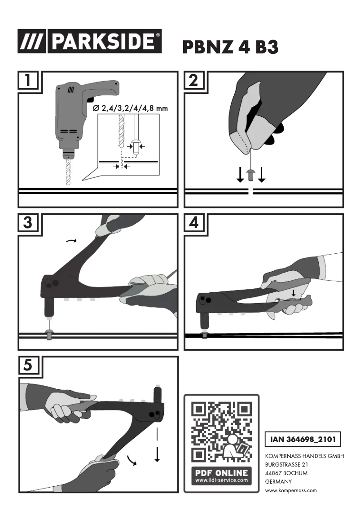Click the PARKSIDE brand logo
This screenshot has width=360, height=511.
pyautogui.click(x=90, y=41)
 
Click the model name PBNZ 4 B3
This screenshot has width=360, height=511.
pyautogui.click(x=230, y=47)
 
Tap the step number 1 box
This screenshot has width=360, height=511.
pyautogui.click(x=28, y=80)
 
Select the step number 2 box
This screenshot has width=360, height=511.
pyautogui.click(x=194, y=80)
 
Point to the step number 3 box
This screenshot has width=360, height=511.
pyautogui.click(x=28, y=223)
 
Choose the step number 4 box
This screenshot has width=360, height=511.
pyautogui.click(x=194, y=223)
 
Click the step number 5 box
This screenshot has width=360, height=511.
pyautogui.click(x=28, y=366)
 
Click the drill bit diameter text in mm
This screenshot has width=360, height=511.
pyautogui.click(x=130, y=108)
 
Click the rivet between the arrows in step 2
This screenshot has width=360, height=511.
pyautogui.click(x=251, y=175)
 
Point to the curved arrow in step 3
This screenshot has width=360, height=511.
pyautogui.click(x=71, y=241)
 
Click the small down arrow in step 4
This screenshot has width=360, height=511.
pyautogui.click(x=293, y=292)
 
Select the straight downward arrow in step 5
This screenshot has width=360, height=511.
pyautogui.click(x=157, y=454)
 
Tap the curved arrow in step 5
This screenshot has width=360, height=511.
pyautogui.click(x=132, y=460)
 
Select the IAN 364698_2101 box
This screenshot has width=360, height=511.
pyautogui.click(x=303, y=439)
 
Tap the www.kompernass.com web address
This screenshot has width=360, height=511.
pyautogui.click(x=291, y=490)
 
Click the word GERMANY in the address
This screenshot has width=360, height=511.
pyautogui.click(x=279, y=482)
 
